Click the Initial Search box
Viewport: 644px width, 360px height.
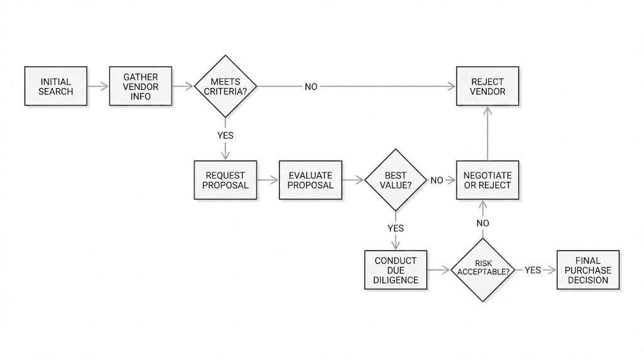point(56,86)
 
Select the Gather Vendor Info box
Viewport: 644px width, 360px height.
point(141,86)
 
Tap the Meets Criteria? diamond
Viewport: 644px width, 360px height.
point(225,86)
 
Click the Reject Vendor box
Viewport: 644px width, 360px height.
point(488,86)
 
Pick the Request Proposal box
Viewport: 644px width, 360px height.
point(225,180)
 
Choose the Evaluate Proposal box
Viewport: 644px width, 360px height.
point(311,180)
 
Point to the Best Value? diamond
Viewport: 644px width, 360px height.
point(396,180)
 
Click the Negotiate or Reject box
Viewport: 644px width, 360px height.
point(488,180)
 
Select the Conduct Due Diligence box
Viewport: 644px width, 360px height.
point(396,270)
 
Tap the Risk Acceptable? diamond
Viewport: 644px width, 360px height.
point(483,270)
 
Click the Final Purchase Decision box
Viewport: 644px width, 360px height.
point(588,270)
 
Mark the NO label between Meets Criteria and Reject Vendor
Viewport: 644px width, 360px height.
point(311,87)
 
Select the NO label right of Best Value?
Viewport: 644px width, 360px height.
point(436,181)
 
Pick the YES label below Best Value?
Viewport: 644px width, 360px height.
point(396,228)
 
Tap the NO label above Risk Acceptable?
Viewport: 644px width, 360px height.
point(483,223)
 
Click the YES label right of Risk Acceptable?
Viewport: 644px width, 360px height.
point(533,270)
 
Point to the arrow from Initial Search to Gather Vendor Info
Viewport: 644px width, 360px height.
point(98,86)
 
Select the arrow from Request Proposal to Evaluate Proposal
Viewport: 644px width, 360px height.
point(268,180)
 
